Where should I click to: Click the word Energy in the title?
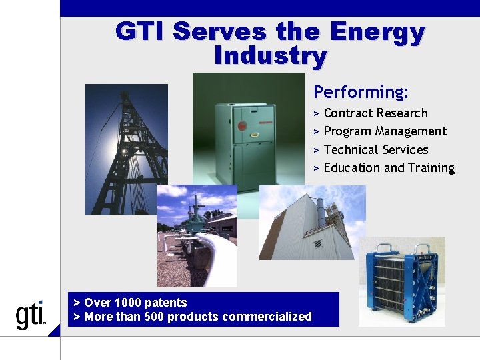coord(377,31)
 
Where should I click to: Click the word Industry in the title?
coord(270,55)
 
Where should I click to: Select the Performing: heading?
coord(361,91)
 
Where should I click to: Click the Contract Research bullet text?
coord(375,113)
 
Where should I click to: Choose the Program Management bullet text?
coord(385,131)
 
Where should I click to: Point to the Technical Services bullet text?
coord(376,150)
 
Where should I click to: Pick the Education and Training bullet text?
coord(389,168)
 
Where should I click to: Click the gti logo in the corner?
coord(31,315)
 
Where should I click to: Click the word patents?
coord(166,303)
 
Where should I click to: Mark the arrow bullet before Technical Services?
coord(317,150)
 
